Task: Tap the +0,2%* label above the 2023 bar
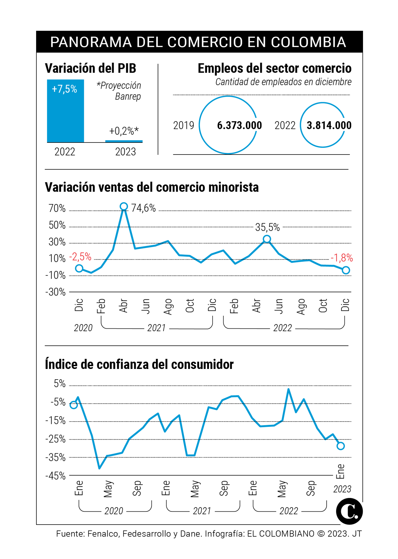tap(124, 131)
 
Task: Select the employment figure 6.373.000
tap(239, 125)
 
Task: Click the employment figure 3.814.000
tap(329, 125)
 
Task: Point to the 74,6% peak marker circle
tap(124, 207)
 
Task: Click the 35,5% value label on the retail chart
tap(267, 227)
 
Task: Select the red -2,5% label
tap(80, 257)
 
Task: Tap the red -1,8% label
tap(342, 258)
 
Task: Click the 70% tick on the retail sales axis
tap(57, 208)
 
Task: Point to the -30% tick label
tap(55, 292)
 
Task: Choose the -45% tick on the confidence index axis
tap(55, 476)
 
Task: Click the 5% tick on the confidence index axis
tap(59, 383)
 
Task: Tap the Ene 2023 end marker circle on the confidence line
tap(340, 446)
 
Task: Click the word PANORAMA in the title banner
tap(91, 42)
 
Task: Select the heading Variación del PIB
tap(90, 68)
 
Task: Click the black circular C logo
tap(349, 511)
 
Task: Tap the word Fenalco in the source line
tap(102, 534)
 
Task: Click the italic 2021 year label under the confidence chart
tap(202, 511)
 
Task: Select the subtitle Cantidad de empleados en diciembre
tap(283, 82)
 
